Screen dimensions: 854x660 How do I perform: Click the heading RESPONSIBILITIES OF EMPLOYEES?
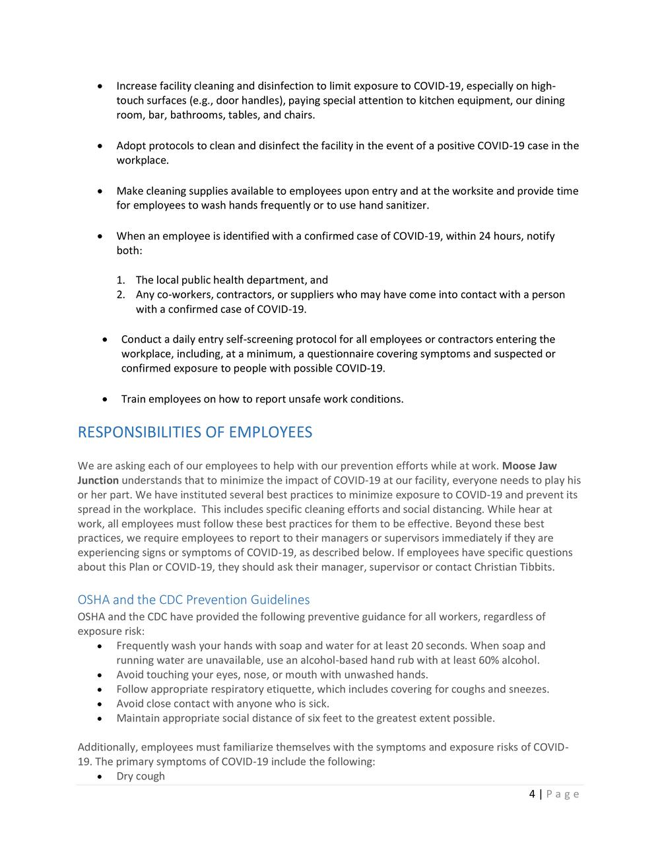click(x=195, y=432)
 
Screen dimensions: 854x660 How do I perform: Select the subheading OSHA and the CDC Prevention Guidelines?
click(x=193, y=600)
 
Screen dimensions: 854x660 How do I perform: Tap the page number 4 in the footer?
click(x=532, y=794)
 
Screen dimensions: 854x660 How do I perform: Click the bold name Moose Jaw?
click(x=529, y=466)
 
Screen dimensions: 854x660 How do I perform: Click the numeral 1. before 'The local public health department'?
click(x=121, y=280)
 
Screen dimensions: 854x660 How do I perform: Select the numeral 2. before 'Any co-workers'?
click(x=121, y=295)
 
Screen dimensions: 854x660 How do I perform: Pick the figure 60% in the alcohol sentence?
click(x=493, y=660)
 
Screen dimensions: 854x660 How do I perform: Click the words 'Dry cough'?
click(x=141, y=776)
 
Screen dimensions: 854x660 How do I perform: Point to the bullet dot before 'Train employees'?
click(x=106, y=399)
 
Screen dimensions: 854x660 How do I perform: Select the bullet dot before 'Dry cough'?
click(x=100, y=777)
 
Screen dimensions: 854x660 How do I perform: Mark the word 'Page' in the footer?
click(x=562, y=794)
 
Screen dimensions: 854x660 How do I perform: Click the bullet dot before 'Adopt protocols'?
click(x=100, y=146)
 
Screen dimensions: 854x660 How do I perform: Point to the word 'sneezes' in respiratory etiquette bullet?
click(x=528, y=689)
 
